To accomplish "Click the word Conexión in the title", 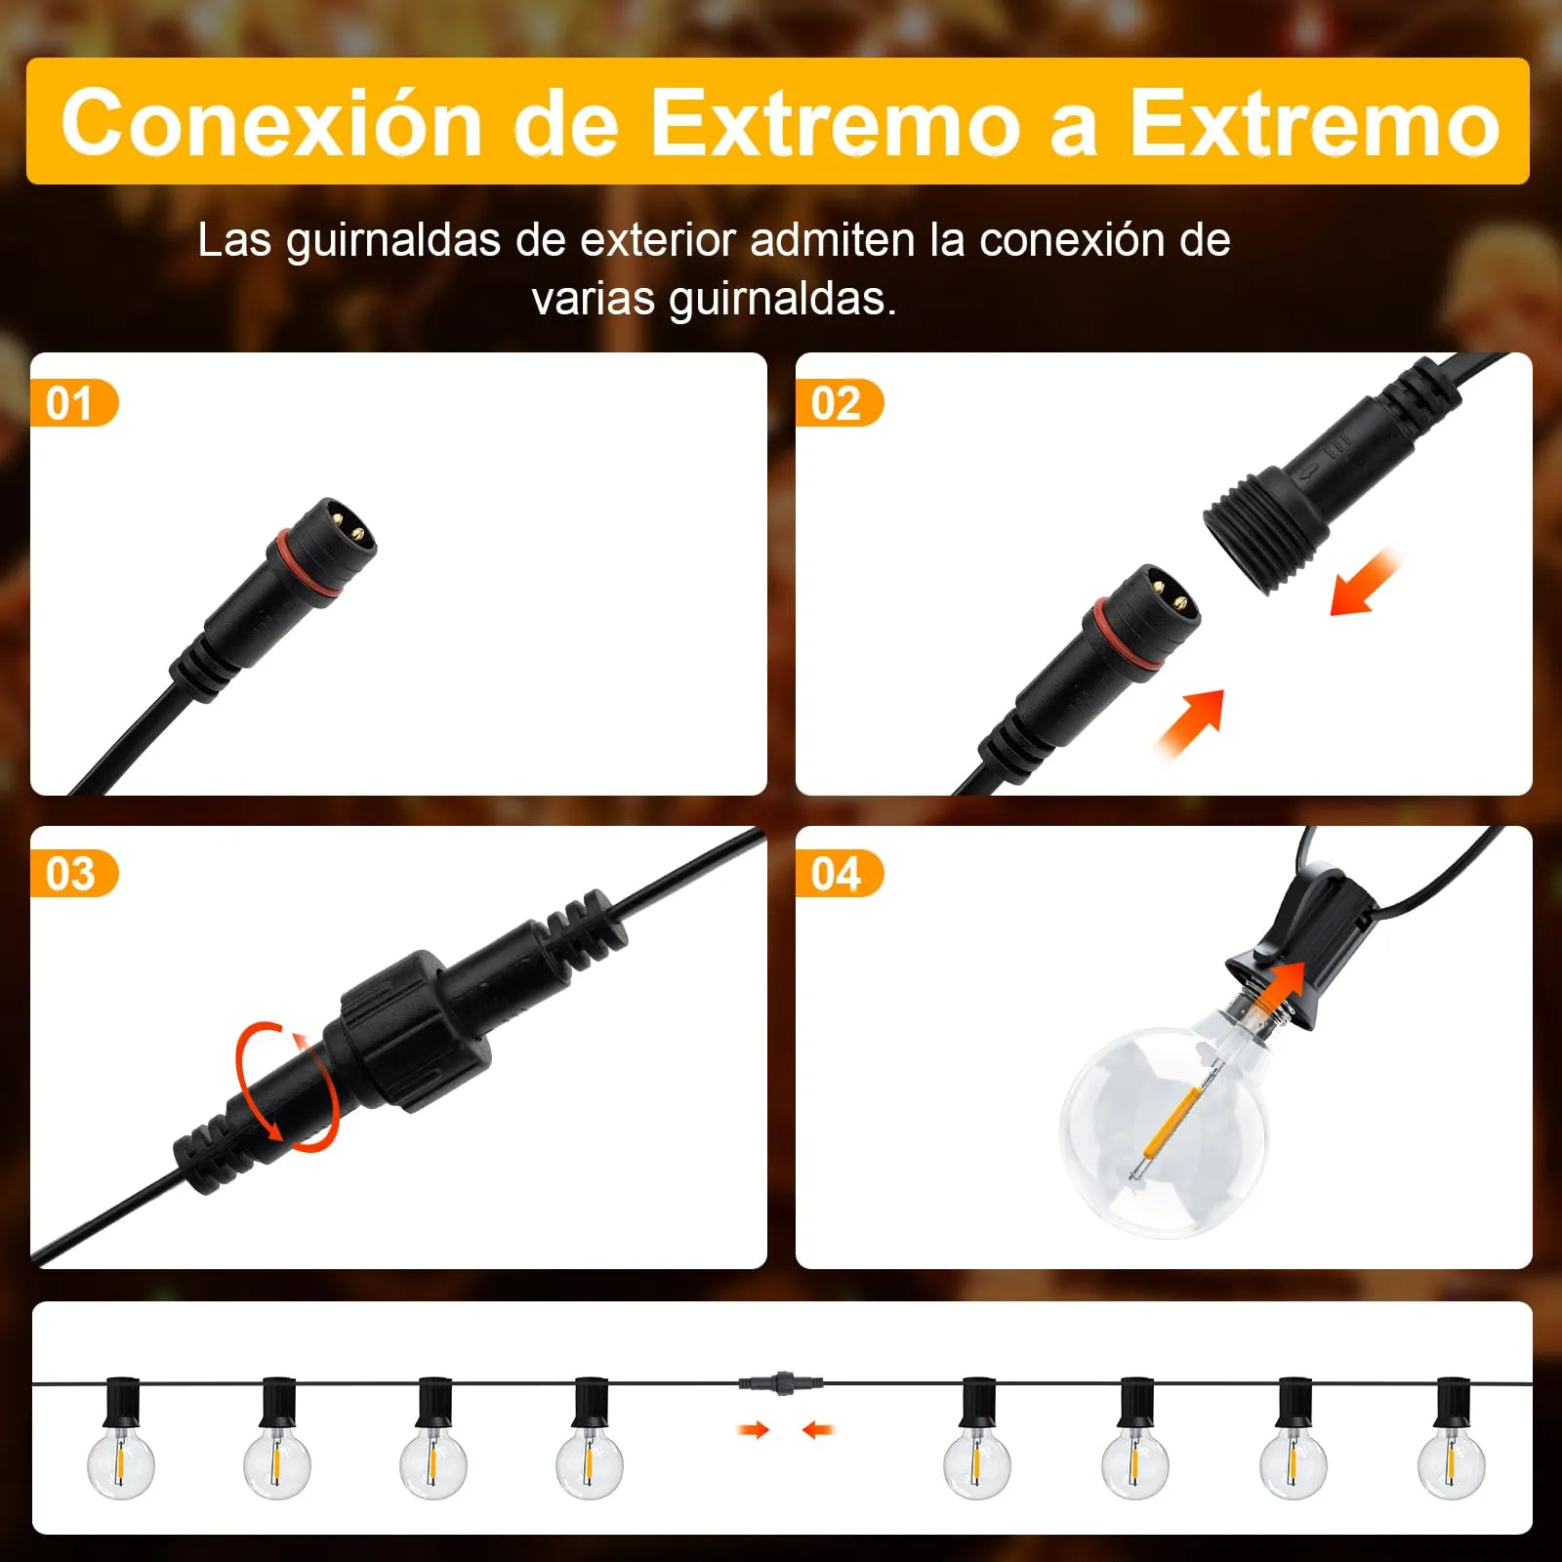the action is [272, 122].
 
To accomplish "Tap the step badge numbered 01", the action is [73, 403].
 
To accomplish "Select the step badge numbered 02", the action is [840, 403].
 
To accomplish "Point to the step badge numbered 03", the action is [73, 874].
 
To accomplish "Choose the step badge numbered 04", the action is [840, 874].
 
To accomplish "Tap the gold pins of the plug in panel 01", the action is [347, 521].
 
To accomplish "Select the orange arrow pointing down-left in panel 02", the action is [1365, 584].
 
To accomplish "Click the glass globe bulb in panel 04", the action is [1164, 1131].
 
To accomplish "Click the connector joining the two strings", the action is [780, 1382].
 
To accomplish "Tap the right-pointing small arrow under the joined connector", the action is [754, 1430].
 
